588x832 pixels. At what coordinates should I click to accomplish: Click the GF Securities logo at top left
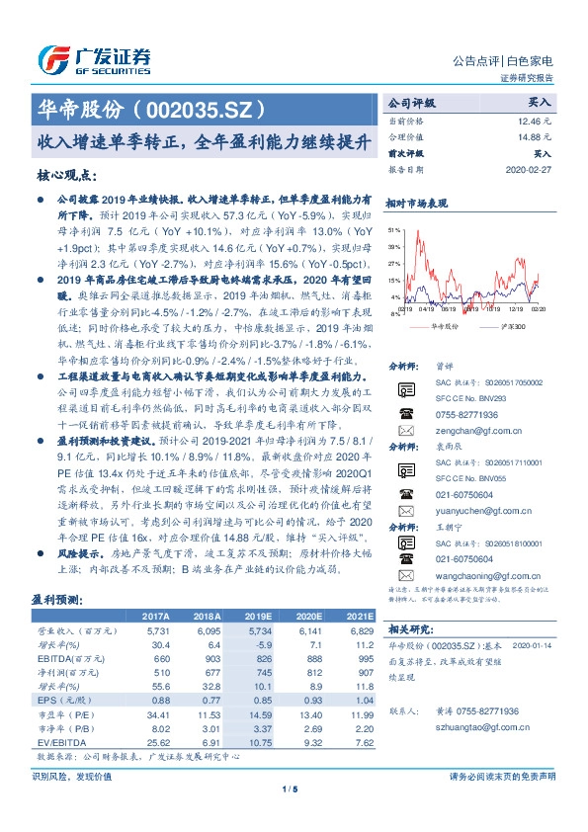[93, 57]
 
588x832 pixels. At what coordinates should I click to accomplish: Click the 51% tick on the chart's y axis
[395, 228]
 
